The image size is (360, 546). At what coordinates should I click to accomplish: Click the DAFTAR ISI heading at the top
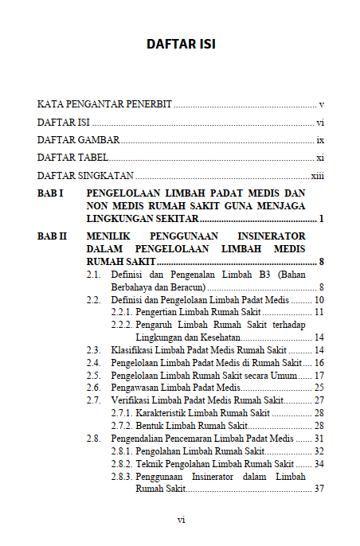coord(181,43)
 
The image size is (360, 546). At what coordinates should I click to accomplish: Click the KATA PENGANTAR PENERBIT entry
coord(104,104)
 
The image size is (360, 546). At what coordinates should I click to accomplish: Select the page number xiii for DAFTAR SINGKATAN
coord(317,176)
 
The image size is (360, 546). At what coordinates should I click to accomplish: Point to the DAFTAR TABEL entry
coord(72,158)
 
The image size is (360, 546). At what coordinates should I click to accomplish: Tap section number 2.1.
coord(94,275)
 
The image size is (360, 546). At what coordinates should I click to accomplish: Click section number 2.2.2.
coord(121,325)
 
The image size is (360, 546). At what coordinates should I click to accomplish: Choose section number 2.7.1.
coord(121,413)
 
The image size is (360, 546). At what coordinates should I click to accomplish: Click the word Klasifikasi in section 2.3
coord(133,349)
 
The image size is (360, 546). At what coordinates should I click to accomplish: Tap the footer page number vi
coord(181,519)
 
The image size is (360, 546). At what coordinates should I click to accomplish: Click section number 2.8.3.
coord(121,476)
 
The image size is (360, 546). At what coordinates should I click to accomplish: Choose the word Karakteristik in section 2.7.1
coord(164,413)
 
